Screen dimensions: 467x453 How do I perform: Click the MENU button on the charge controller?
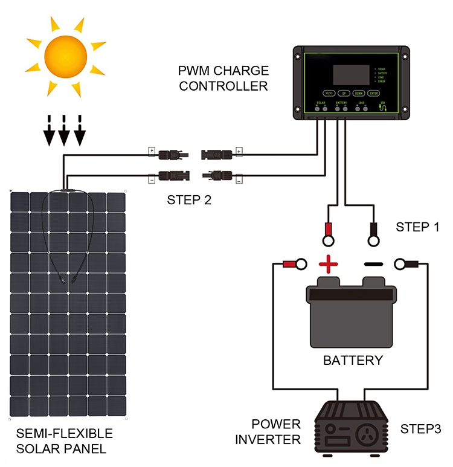(329, 94)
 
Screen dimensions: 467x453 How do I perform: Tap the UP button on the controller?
(344, 94)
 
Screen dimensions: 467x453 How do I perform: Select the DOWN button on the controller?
(359, 94)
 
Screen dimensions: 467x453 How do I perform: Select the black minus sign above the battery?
(374, 264)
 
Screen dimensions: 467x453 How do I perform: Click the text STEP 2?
(189, 200)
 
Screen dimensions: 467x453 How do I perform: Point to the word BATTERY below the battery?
(353, 361)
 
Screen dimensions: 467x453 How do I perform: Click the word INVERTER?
(268, 440)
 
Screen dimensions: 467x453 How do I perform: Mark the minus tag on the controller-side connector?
(239, 179)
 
